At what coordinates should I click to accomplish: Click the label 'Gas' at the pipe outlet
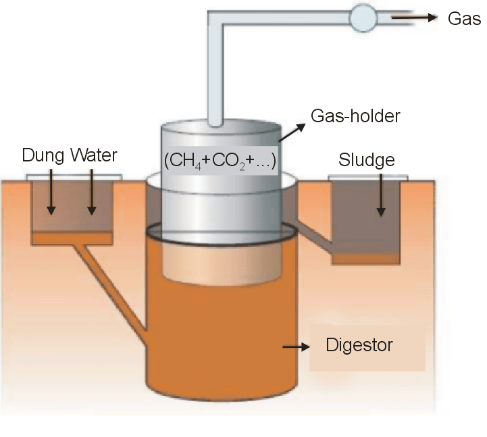pyautogui.click(x=464, y=18)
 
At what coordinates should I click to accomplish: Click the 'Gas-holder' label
pyautogui.click(x=355, y=115)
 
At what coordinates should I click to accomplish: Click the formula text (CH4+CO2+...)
pyautogui.click(x=221, y=161)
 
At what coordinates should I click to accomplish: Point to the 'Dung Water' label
pyautogui.click(x=70, y=156)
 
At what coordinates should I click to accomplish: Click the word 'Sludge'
pyautogui.click(x=367, y=160)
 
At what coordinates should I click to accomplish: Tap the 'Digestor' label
pyautogui.click(x=359, y=346)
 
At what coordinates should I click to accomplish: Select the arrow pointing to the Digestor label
pyautogui.click(x=295, y=346)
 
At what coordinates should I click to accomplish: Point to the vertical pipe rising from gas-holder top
pyautogui.click(x=215, y=81)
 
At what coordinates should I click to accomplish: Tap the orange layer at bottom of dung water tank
pyautogui.click(x=72, y=238)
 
